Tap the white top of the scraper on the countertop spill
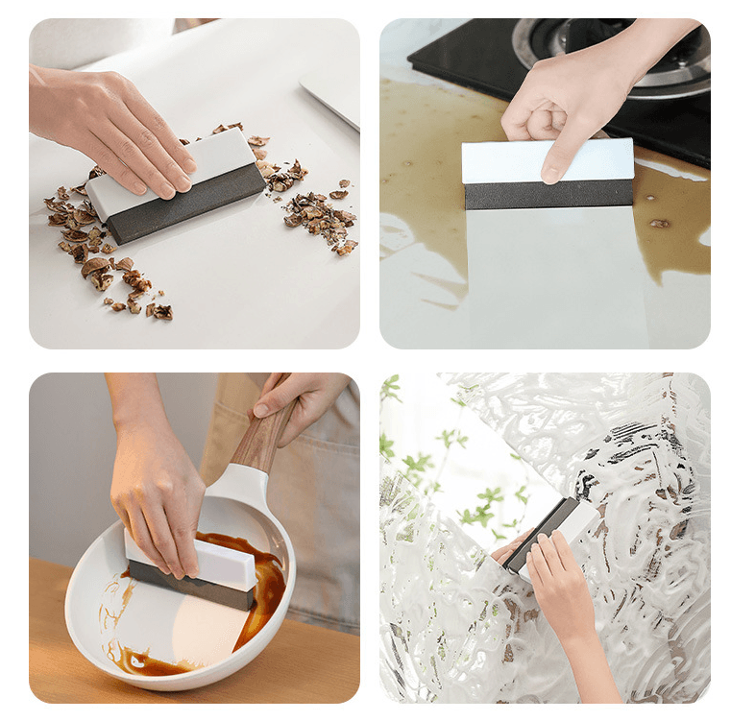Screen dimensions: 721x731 click(x=548, y=160)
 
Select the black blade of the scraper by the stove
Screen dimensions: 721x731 click(x=548, y=194)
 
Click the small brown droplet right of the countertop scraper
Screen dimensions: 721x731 click(x=659, y=224)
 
